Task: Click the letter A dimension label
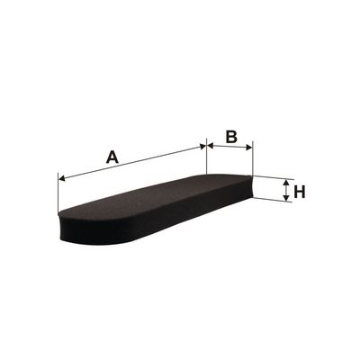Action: [x=112, y=157]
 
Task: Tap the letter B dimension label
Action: [x=231, y=137]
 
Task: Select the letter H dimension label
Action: [x=300, y=192]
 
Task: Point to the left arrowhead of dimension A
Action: [x=62, y=179]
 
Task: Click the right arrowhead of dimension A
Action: [x=202, y=147]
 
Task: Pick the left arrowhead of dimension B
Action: [x=211, y=146]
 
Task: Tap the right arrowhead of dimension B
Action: [x=248, y=148]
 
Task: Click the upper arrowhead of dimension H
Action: [x=286, y=183]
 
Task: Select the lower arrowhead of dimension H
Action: [x=286, y=197]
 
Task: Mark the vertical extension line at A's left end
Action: [x=58, y=193]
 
